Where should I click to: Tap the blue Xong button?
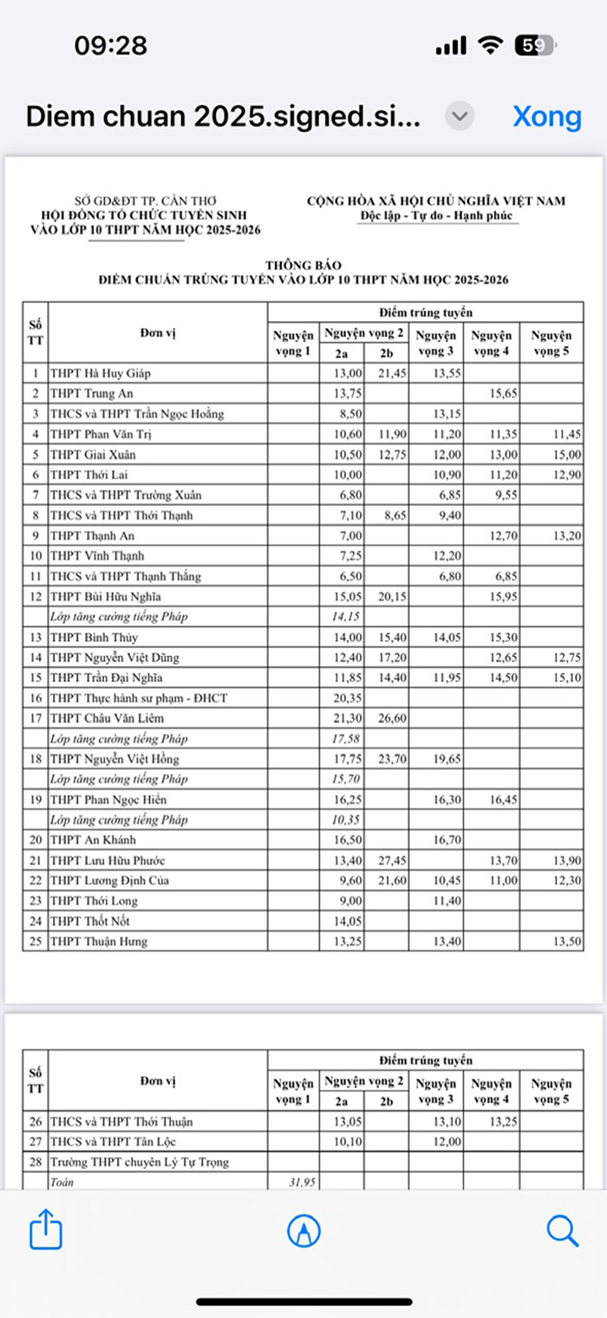(546, 116)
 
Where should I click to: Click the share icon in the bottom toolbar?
(45, 1229)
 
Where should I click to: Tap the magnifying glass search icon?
(562, 1229)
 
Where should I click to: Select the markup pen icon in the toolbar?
(303, 1229)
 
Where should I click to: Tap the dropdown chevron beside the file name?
(460, 116)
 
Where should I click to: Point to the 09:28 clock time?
(110, 46)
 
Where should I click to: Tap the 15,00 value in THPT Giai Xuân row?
(556, 455)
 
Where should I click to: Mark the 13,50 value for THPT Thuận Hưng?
(556, 942)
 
